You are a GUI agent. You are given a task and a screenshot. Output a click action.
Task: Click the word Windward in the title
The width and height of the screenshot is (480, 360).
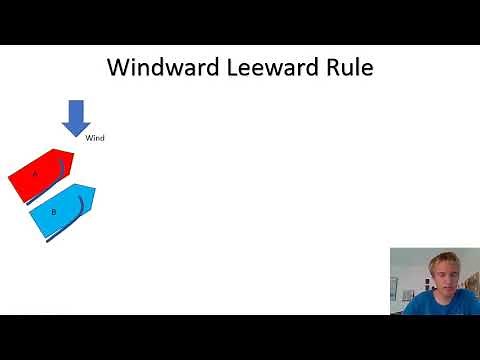[x=161, y=69]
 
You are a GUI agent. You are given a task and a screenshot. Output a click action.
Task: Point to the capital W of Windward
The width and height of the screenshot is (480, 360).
[x=118, y=69]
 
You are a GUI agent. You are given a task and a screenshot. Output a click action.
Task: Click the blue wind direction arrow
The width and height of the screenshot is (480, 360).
[x=76, y=114]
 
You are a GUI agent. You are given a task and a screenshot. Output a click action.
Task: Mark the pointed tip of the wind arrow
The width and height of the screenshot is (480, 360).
[x=76, y=134]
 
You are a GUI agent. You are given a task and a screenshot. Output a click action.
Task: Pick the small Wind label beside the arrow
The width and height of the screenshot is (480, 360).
[x=95, y=138]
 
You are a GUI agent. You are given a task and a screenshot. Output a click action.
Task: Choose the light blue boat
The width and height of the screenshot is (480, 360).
[x=60, y=210]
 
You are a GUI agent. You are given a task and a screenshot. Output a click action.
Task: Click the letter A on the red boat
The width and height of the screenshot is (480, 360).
[x=35, y=174]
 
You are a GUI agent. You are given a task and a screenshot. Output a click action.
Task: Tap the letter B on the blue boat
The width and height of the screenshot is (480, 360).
[x=53, y=211]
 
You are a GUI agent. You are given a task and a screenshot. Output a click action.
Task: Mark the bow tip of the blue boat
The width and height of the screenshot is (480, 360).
[x=96, y=190]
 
